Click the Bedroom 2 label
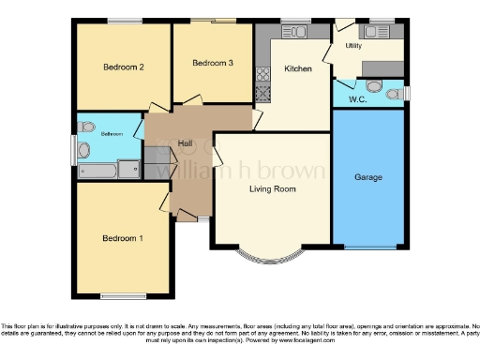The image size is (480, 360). click(x=123, y=67)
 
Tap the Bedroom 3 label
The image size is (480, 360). click(x=212, y=63)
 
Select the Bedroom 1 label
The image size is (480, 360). click(x=123, y=238)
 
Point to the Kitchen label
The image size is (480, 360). click(x=298, y=69)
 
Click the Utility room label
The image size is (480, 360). click(x=353, y=45)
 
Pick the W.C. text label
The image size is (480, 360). click(x=355, y=99)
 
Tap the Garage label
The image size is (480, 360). click(x=367, y=176)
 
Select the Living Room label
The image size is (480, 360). click(x=272, y=189)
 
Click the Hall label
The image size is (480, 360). click(x=172, y=142)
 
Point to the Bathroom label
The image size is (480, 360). click(x=112, y=133)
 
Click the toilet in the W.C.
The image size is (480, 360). click(x=375, y=87)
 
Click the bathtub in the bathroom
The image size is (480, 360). click(x=98, y=171)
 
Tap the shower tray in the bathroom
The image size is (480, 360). click(x=130, y=170)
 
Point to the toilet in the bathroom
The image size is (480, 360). click(x=83, y=150)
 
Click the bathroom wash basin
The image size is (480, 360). click(x=85, y=126)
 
